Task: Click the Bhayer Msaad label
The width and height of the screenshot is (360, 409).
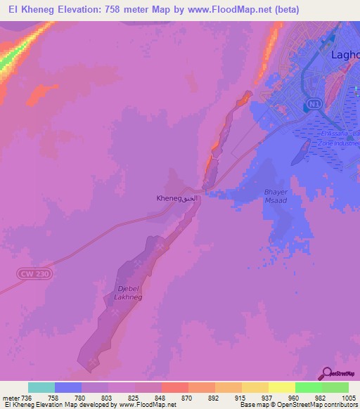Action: point(276,196)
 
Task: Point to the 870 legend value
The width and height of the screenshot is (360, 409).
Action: point(187,397)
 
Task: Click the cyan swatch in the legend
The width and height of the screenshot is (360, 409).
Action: point(41,387)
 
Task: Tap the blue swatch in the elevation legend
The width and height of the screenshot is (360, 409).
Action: point(68,387)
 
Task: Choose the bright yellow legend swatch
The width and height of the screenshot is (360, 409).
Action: point(282,387)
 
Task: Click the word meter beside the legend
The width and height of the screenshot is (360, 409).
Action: point(10,397)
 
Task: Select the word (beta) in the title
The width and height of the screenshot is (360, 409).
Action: point(284,10)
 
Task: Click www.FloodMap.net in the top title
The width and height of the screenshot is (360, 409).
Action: point(226,10)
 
